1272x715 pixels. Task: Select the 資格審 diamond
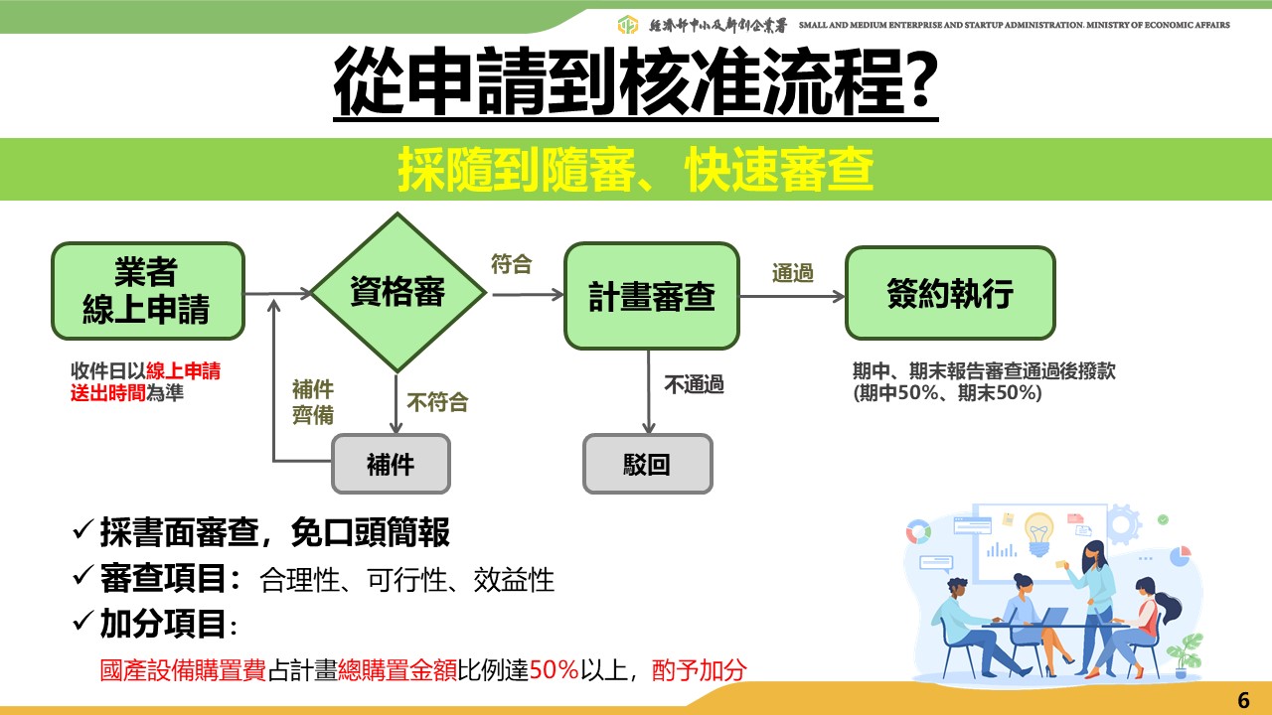[x=397, y=292]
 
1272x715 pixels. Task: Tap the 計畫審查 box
[x=652, y=297]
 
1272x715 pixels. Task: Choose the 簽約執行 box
[x=949, y=294]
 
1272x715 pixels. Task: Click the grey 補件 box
[x=391, y=464]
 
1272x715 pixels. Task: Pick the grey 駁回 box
[x=647, y=464]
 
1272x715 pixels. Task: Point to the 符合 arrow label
[x=512, y=264]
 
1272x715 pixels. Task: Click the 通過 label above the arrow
[x=793, y=272]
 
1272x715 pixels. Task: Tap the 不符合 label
[x=437, y=402]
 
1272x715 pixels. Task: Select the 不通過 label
[x=694, y=384]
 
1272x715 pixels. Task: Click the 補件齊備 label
[x=312, y=402]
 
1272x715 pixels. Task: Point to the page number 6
[x=1243, y=699]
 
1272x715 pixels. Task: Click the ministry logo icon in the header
[x=627, y=25]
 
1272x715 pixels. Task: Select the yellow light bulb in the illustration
[x=1039, y=531]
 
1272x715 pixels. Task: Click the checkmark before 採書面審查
[x=83, y=532]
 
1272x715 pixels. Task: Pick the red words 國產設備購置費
[x=183, y=670]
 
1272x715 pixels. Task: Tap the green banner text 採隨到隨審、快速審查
[x=636, y=171]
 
